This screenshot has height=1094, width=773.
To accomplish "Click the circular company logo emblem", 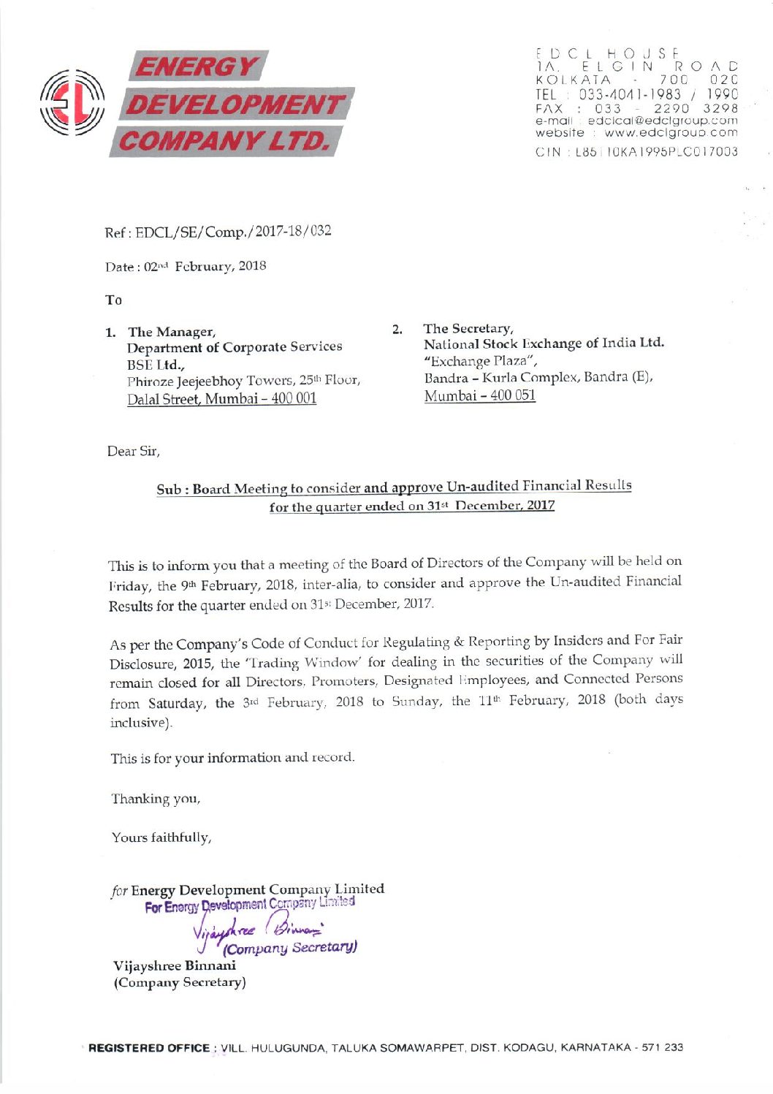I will (x=72, y=103).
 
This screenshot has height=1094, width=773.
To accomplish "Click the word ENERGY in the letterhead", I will (x=197, y=67).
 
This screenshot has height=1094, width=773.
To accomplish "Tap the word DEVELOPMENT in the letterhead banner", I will (x=235, y=105).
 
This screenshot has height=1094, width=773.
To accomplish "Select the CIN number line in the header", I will (x=636, y=152).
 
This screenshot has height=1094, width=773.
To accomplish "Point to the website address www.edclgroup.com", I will (x=671, y=133).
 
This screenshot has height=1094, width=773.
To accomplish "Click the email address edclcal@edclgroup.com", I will (x=662, y=121).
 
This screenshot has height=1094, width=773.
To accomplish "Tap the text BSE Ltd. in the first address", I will (x=156, y=364).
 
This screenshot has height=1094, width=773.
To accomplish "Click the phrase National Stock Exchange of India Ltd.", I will (x=544, y=343).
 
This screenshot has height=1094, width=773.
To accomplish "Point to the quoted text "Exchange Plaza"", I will (x=481, y=361).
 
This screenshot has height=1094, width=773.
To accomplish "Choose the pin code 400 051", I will (x=512, y=395).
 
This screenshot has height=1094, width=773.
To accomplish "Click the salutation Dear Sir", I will (x=133, y=452).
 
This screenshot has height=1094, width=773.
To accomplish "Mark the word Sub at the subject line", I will (x=168, y=490).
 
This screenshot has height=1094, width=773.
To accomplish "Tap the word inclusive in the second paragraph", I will (x=140, y=723).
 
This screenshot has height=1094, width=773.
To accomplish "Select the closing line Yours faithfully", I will (x=161, y=837).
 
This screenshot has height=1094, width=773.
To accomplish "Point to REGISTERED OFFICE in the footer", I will (x=148, y=1048).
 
